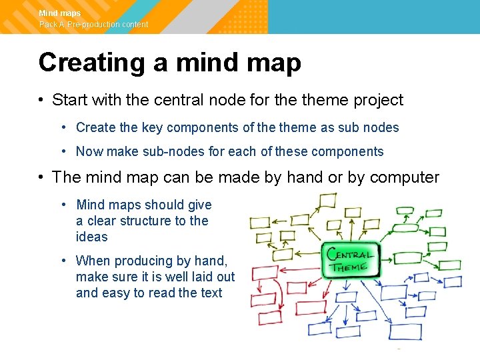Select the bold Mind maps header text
click(x=59, y=13)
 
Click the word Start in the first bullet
click(x=69, y=100)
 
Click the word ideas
click(x=91, y=237)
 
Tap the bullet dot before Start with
click(x=41, y=100)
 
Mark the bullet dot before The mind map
click(x=41, y=177)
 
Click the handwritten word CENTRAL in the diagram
click(x=349, y=255)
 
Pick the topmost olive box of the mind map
click(x=327, y=201)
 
